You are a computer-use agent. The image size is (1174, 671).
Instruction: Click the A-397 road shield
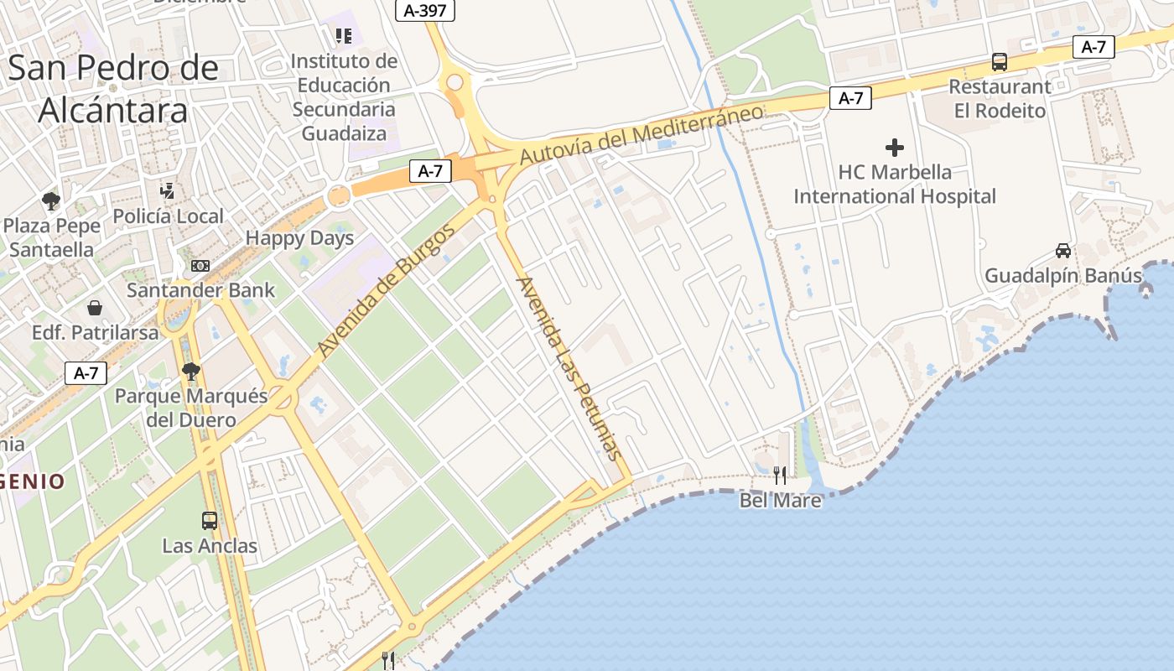coord(425,10)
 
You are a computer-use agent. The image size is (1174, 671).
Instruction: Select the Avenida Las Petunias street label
coord(570,368)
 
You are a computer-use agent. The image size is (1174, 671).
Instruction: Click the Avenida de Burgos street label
coord(387,291)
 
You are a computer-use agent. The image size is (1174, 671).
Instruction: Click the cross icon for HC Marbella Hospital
coord(895,148)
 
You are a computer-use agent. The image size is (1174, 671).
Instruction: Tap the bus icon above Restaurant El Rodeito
coord(999,61)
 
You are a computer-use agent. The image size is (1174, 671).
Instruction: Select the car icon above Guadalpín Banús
coord(1062,250)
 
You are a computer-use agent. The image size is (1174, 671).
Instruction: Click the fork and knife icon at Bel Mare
coord(780,476)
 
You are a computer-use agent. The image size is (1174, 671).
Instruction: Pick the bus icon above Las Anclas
coord(210,521)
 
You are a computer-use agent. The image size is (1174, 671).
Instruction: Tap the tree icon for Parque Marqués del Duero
coord(191,371)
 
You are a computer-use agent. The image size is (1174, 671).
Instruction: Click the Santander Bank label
coord(200,290)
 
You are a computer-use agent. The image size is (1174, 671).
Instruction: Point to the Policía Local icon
coord(168,191)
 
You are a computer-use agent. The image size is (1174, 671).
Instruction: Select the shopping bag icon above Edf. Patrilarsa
coord(95,308)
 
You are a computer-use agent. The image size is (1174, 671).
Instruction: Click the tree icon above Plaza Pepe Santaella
coord(51,200)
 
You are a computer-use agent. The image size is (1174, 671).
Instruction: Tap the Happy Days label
coord(299,238)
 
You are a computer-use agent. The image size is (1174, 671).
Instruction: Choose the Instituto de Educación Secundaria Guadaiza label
coord(344,96)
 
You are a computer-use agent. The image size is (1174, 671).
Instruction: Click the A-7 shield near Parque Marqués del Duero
coord(86,373)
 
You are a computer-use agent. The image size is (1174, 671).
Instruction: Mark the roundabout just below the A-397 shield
coord(455,82)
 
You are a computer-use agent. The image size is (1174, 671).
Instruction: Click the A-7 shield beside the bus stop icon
coord(1093,47)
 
